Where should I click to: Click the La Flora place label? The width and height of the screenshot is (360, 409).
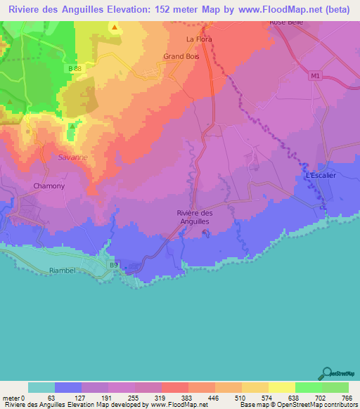click(x=198, y=39)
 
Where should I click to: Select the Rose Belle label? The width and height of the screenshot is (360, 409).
click(x=286, y=22)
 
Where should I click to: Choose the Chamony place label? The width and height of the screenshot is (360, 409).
click(x=49, y=186)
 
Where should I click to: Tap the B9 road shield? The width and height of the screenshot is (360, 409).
click(x=113, y=264)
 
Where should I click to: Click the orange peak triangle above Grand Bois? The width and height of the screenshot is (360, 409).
click(x=115, y=27)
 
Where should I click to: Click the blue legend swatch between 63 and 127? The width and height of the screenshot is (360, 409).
click(x=68, y=387)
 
